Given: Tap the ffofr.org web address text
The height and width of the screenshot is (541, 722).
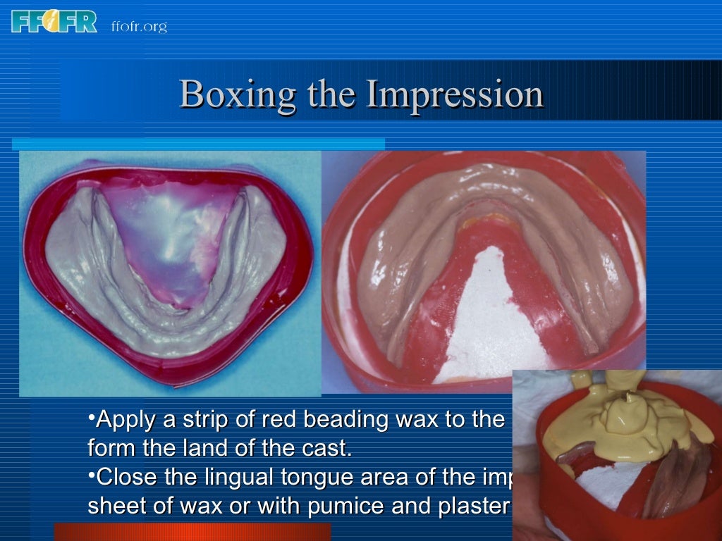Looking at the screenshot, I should (139, 27).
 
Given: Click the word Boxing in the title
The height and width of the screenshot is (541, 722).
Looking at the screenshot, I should (237, 94).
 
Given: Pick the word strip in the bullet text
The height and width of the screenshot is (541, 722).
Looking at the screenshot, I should (202, 421).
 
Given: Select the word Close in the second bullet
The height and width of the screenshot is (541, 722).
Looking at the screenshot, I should (126, 477).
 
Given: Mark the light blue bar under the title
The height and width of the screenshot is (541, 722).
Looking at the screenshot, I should (198, 144).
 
